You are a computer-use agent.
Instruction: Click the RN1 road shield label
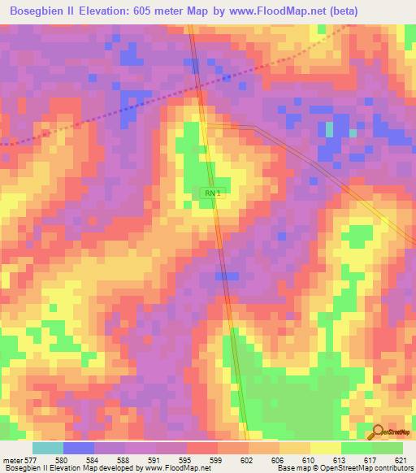(x=211, y=193)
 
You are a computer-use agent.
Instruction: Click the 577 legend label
(x=30, y=460)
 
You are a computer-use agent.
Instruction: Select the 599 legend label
(x=215, y=460)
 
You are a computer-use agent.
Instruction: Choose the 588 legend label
(x=123, y=460)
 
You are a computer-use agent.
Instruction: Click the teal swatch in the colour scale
(x=48, y=448)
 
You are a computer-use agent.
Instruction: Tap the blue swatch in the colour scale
(x=79, y=448)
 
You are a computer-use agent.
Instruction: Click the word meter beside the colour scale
(x=11, y=460)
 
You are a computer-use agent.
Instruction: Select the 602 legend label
(x=246, y=460)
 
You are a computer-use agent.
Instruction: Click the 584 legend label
(x=92, y=460)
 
